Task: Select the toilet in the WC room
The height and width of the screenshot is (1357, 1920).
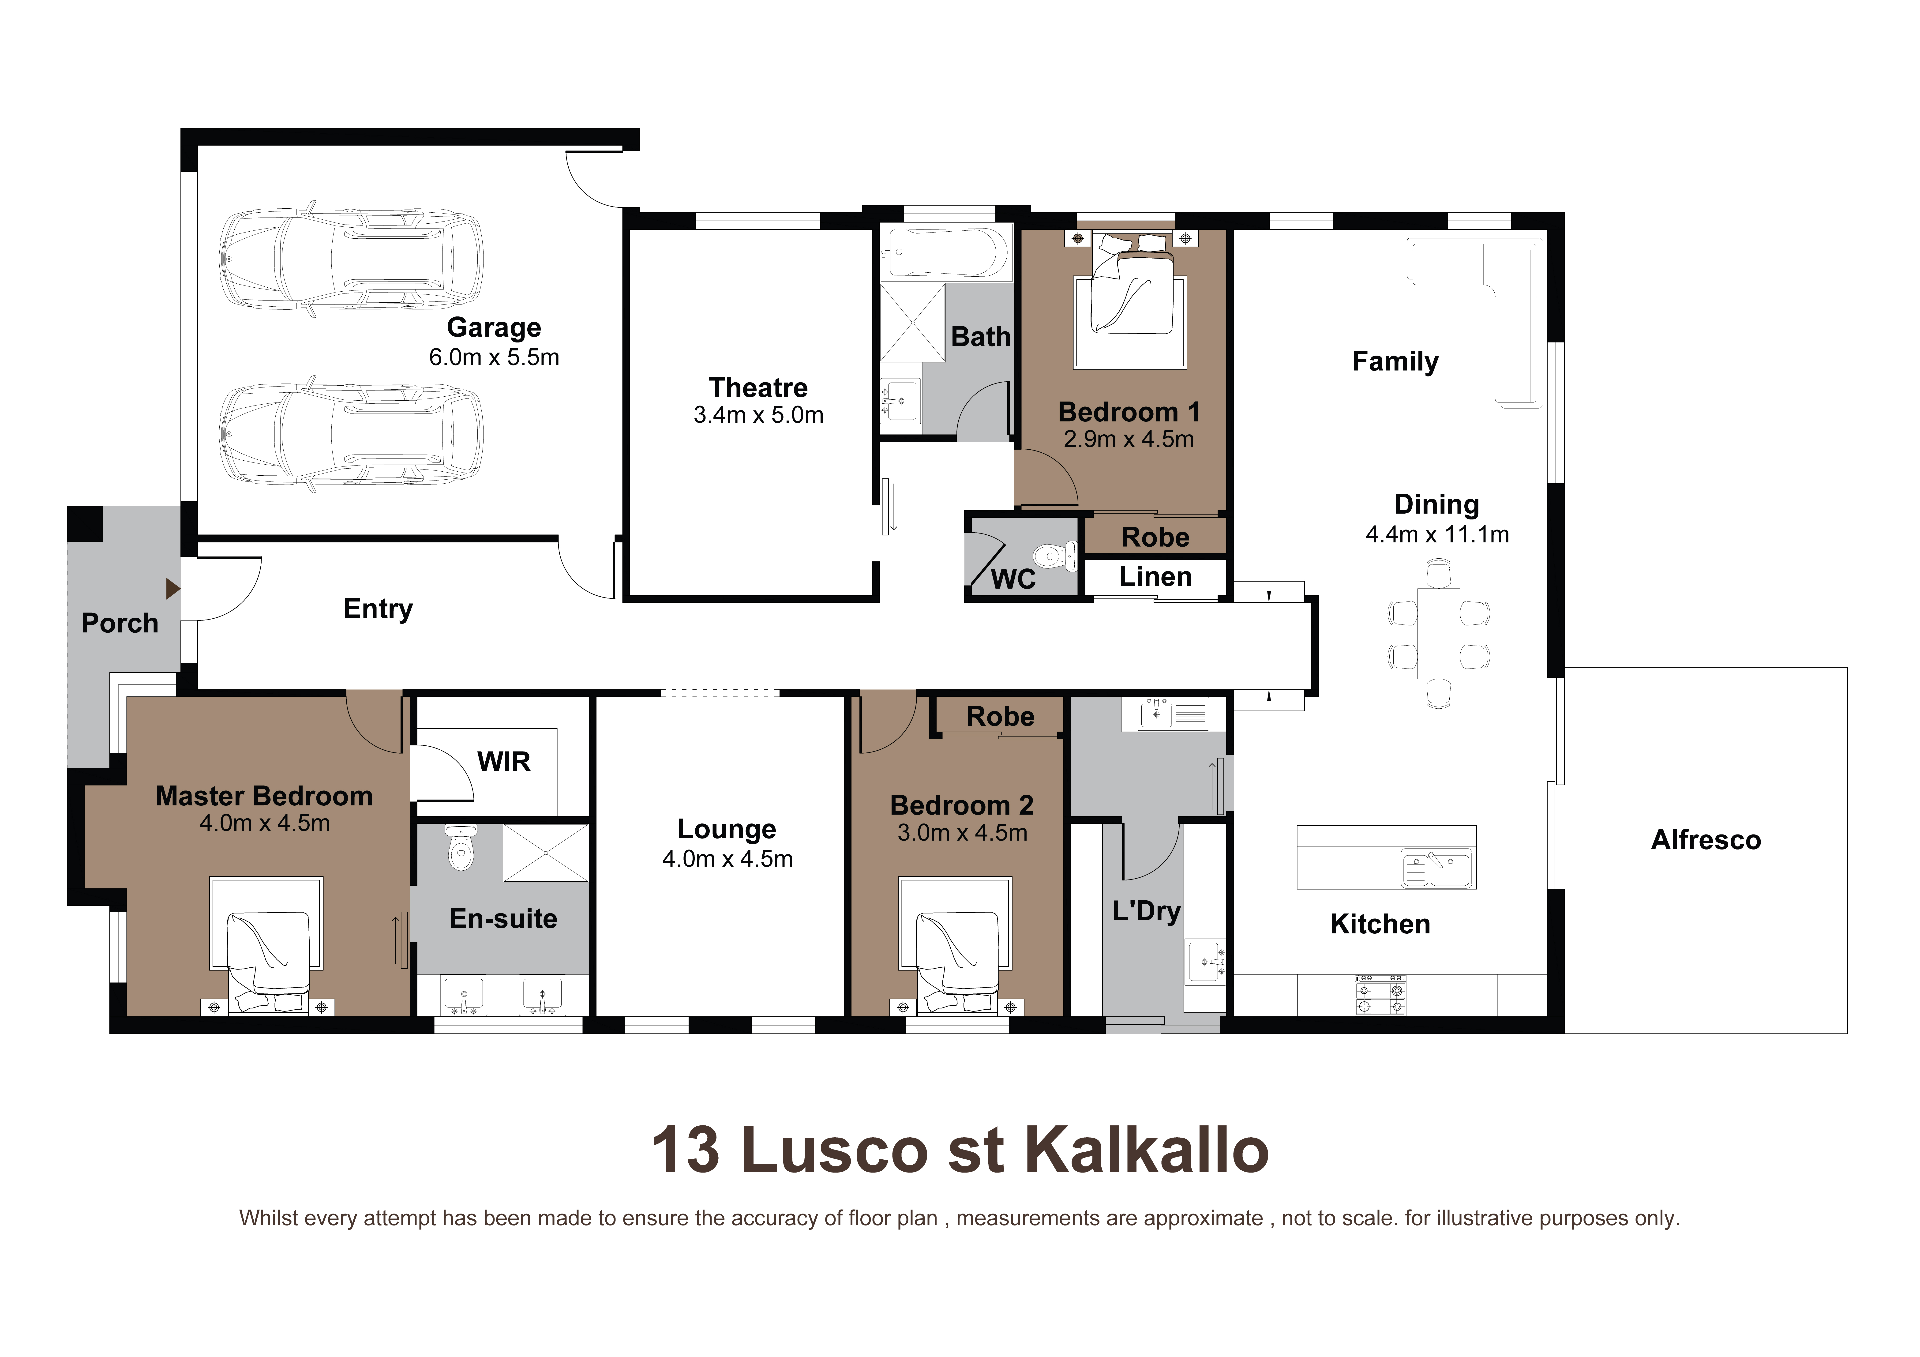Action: point(1054,556)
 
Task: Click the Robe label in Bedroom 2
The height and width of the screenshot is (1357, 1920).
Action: point(1000,717)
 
